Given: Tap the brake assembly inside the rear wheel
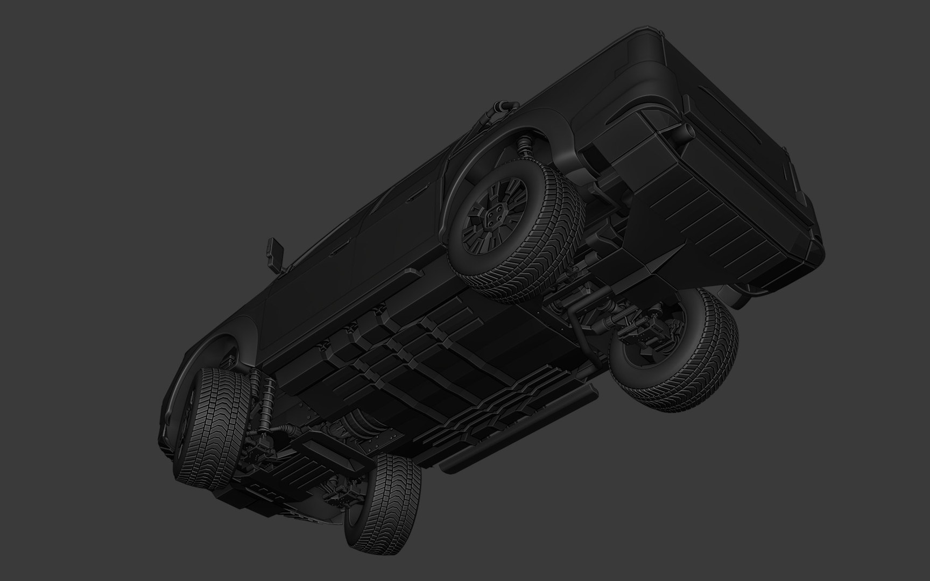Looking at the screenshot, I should (654, 344).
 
